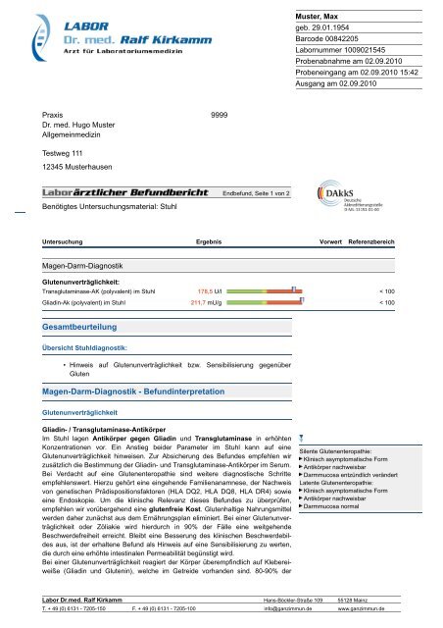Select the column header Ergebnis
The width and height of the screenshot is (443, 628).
(x=209, y=240)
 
